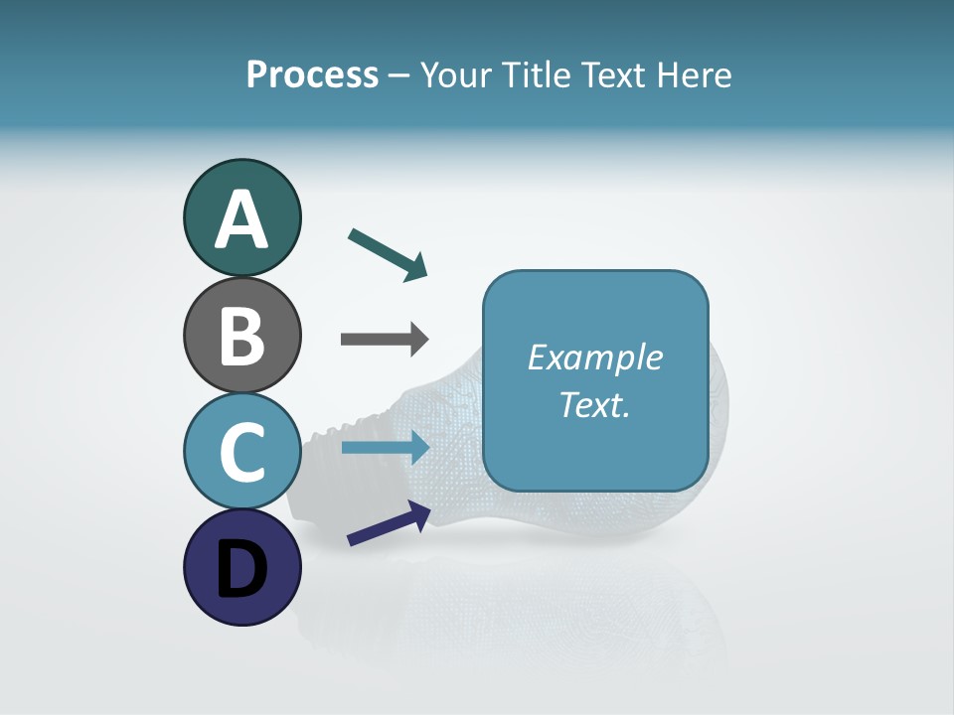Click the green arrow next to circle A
click(388, 254)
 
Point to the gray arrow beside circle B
click(385, 339)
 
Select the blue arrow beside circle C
click(385, 448)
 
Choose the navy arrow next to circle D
click(389, 523)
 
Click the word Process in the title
click(312, 75)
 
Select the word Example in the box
click(595, 357)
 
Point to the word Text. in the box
click(595, 404)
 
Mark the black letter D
click(241, 570)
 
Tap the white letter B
click(241, 337)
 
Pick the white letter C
click(241, 453)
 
